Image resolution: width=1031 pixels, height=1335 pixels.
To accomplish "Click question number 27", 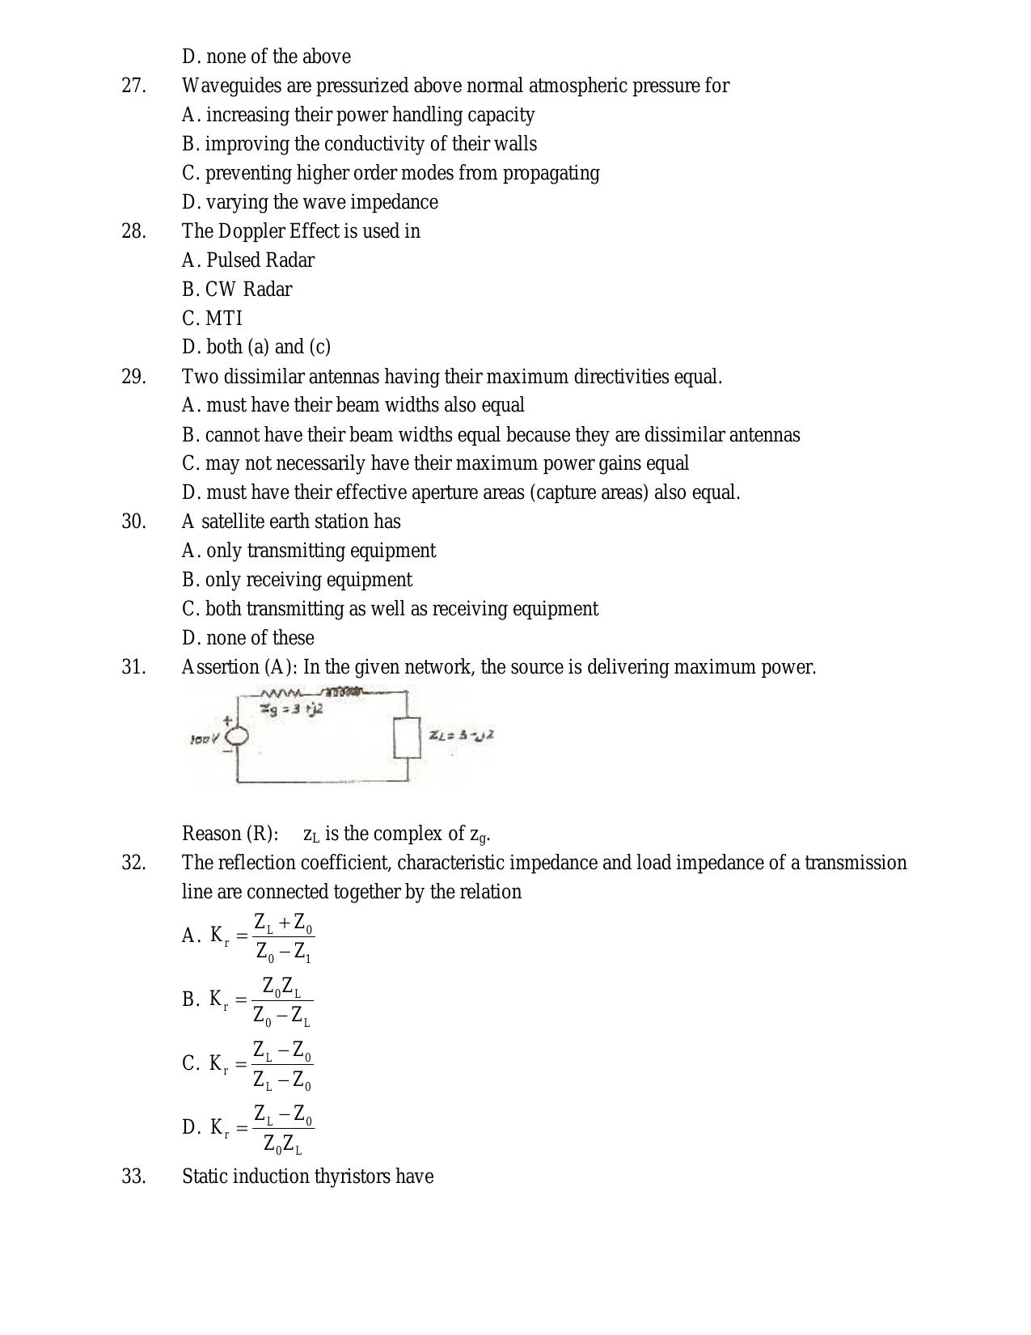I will [x=133, y=86].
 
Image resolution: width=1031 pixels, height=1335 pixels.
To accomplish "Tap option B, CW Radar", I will [x=237, y=289].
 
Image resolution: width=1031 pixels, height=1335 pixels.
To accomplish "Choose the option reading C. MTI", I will [x=212, y=319].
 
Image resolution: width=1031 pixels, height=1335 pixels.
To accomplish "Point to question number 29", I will [x=133, y=377].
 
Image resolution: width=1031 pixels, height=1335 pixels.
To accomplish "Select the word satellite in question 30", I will [x=237, y=522].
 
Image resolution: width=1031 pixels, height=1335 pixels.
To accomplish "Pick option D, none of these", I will [x=247, y=638].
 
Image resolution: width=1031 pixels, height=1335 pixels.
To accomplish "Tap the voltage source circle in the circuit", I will [x=237, y=737].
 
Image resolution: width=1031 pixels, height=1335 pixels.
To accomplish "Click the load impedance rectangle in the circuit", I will [x=407, y=737].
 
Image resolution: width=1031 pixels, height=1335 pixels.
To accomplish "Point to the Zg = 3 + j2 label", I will [x=291, y=709].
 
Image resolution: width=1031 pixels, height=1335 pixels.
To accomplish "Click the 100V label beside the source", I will [x=205, y=739].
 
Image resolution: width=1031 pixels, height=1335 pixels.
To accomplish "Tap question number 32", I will [x=133, y=863].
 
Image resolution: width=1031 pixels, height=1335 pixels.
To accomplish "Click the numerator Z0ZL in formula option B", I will [x=281, y=987].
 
